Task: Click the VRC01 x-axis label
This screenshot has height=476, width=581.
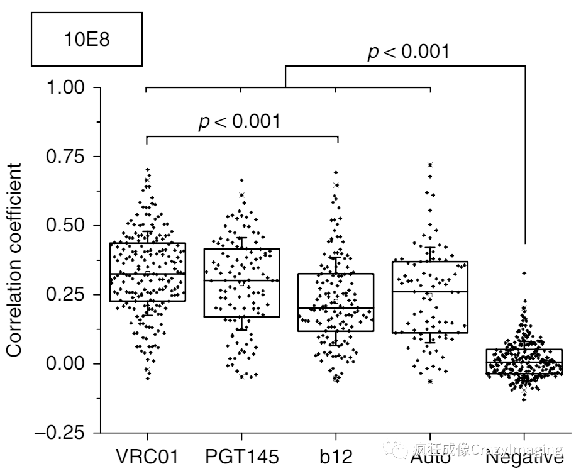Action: (x=147, y=457)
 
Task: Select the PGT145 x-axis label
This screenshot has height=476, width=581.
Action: (x=241, y=457)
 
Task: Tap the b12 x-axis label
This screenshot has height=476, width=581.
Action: (x=335, y=457)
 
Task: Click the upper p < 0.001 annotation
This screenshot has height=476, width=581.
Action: (x=409, y=52)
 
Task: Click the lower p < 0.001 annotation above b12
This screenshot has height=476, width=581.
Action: (x=240, y=121)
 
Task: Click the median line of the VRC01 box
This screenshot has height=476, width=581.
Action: (x=147, y=274)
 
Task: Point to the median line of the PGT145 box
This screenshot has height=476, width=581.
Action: (x=241, y=280)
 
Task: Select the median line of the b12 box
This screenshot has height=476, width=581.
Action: (x=335, y=307)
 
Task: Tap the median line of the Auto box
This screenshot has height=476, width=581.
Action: (x=430, y=292)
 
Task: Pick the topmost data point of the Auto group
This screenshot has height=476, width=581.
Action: (x=430, y=165)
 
